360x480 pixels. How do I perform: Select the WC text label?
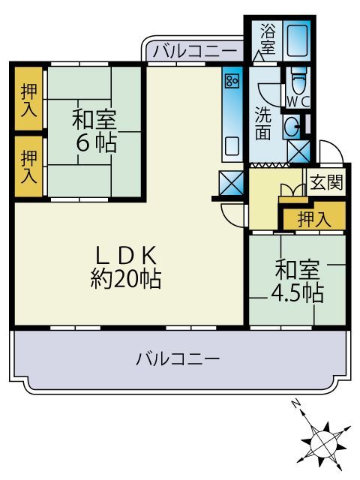tap(294, 100)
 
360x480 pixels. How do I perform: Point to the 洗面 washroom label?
tap(262, 124)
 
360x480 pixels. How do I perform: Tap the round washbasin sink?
tap(292, 125)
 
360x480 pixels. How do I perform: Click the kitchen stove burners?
tap(232, 78)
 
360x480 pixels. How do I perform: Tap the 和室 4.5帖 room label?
tap(298, 280)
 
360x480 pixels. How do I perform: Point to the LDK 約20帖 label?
tap(125, 266)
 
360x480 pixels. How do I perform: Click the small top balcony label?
tap(194, 52)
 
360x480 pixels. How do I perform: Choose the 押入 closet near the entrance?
tap(313, 219)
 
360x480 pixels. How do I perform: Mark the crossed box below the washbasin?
tap(298, 151)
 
